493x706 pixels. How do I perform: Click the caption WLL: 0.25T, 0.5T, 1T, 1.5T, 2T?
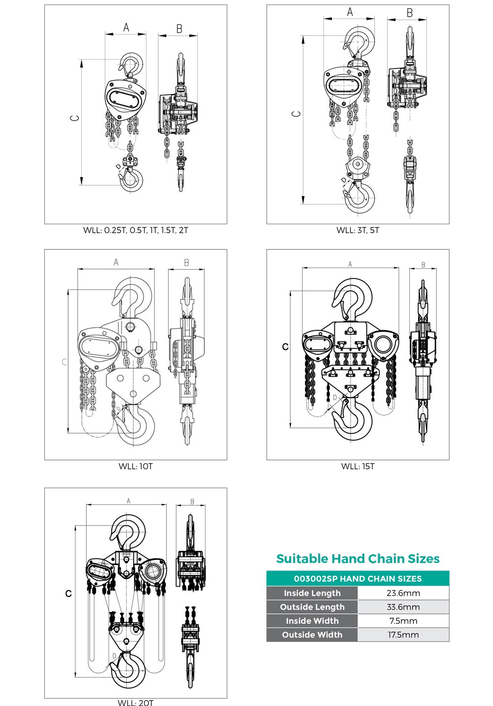[136, 230]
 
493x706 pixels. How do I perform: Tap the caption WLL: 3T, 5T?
[358, 230]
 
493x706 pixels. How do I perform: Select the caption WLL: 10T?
[136, 466]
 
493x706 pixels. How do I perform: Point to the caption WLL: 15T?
[358, 466]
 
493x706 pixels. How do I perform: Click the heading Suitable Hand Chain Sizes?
[358, 559]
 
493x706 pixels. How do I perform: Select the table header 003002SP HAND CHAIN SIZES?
[358, 579]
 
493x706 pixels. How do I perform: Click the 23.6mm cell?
[403, 593]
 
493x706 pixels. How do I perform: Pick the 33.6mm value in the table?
[403, 607]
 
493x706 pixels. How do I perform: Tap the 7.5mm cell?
[403, 621]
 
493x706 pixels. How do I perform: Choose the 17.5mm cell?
[403, 635]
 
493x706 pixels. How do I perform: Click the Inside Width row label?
[312, 621]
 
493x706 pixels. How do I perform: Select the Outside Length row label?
[312, 607]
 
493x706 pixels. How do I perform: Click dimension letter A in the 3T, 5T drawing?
[350, 12]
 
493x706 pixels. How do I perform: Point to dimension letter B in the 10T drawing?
[187, 263]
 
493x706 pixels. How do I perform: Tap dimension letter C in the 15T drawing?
[285, 347]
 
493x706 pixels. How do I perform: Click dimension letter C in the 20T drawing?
[69, 594]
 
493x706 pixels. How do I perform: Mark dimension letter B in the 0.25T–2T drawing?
[179, 29]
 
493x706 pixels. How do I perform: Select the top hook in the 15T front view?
[352, 299]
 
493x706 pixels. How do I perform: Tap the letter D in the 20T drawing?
[114, 656]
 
